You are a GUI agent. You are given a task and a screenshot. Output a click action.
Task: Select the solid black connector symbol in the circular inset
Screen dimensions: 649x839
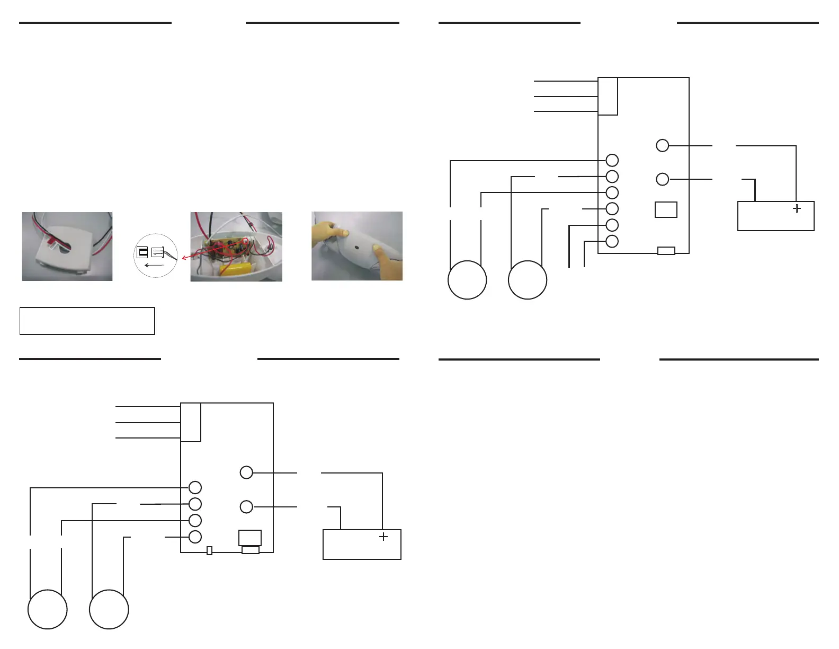point(142,252)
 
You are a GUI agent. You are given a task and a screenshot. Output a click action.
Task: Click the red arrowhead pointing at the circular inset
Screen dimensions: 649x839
point(183,258)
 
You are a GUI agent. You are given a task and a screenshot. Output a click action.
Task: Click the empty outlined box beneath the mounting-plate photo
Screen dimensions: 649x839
point(87,321)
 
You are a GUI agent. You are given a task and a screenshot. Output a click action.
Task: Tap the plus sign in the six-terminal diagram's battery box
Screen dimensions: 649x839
point(797,208)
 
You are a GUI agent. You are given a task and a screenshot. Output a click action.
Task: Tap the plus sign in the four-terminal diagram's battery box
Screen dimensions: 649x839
point(383,537)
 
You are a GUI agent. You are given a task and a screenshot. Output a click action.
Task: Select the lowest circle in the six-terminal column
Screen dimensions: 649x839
point(612,241)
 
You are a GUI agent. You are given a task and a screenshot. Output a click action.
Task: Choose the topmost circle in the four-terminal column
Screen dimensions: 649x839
point(195,487)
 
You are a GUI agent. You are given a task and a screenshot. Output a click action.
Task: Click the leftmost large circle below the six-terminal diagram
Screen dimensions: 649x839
point(467,280)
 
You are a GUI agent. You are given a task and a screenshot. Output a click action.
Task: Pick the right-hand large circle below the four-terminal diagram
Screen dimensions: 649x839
point(109,609)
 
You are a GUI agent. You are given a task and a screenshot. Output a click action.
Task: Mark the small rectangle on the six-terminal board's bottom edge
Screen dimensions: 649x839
point(666,251)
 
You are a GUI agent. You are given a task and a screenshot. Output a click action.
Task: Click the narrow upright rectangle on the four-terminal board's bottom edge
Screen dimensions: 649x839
point(209,550)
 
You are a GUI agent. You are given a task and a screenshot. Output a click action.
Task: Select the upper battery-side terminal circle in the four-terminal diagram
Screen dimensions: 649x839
point(246,472)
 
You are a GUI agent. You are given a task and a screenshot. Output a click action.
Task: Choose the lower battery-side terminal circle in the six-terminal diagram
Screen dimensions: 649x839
point(662,179)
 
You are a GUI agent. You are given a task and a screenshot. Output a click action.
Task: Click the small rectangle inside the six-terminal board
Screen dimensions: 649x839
point(666,209)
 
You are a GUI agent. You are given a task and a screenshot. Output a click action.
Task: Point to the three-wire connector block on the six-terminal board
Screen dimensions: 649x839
point(608,97)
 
